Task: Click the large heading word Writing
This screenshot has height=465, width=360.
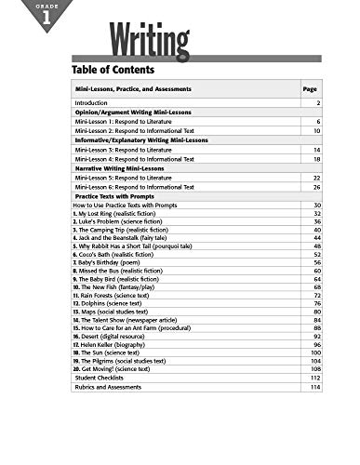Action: point(150,38)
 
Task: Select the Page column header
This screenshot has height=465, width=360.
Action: point(310,89)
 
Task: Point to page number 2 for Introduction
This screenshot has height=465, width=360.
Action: point(318,102)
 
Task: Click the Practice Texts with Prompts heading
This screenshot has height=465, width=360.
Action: point(121,195)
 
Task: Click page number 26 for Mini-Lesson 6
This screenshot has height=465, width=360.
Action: point(317,186)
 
